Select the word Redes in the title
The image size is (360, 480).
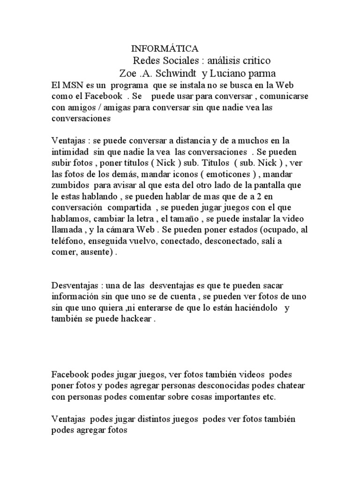tap(147, 61)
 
